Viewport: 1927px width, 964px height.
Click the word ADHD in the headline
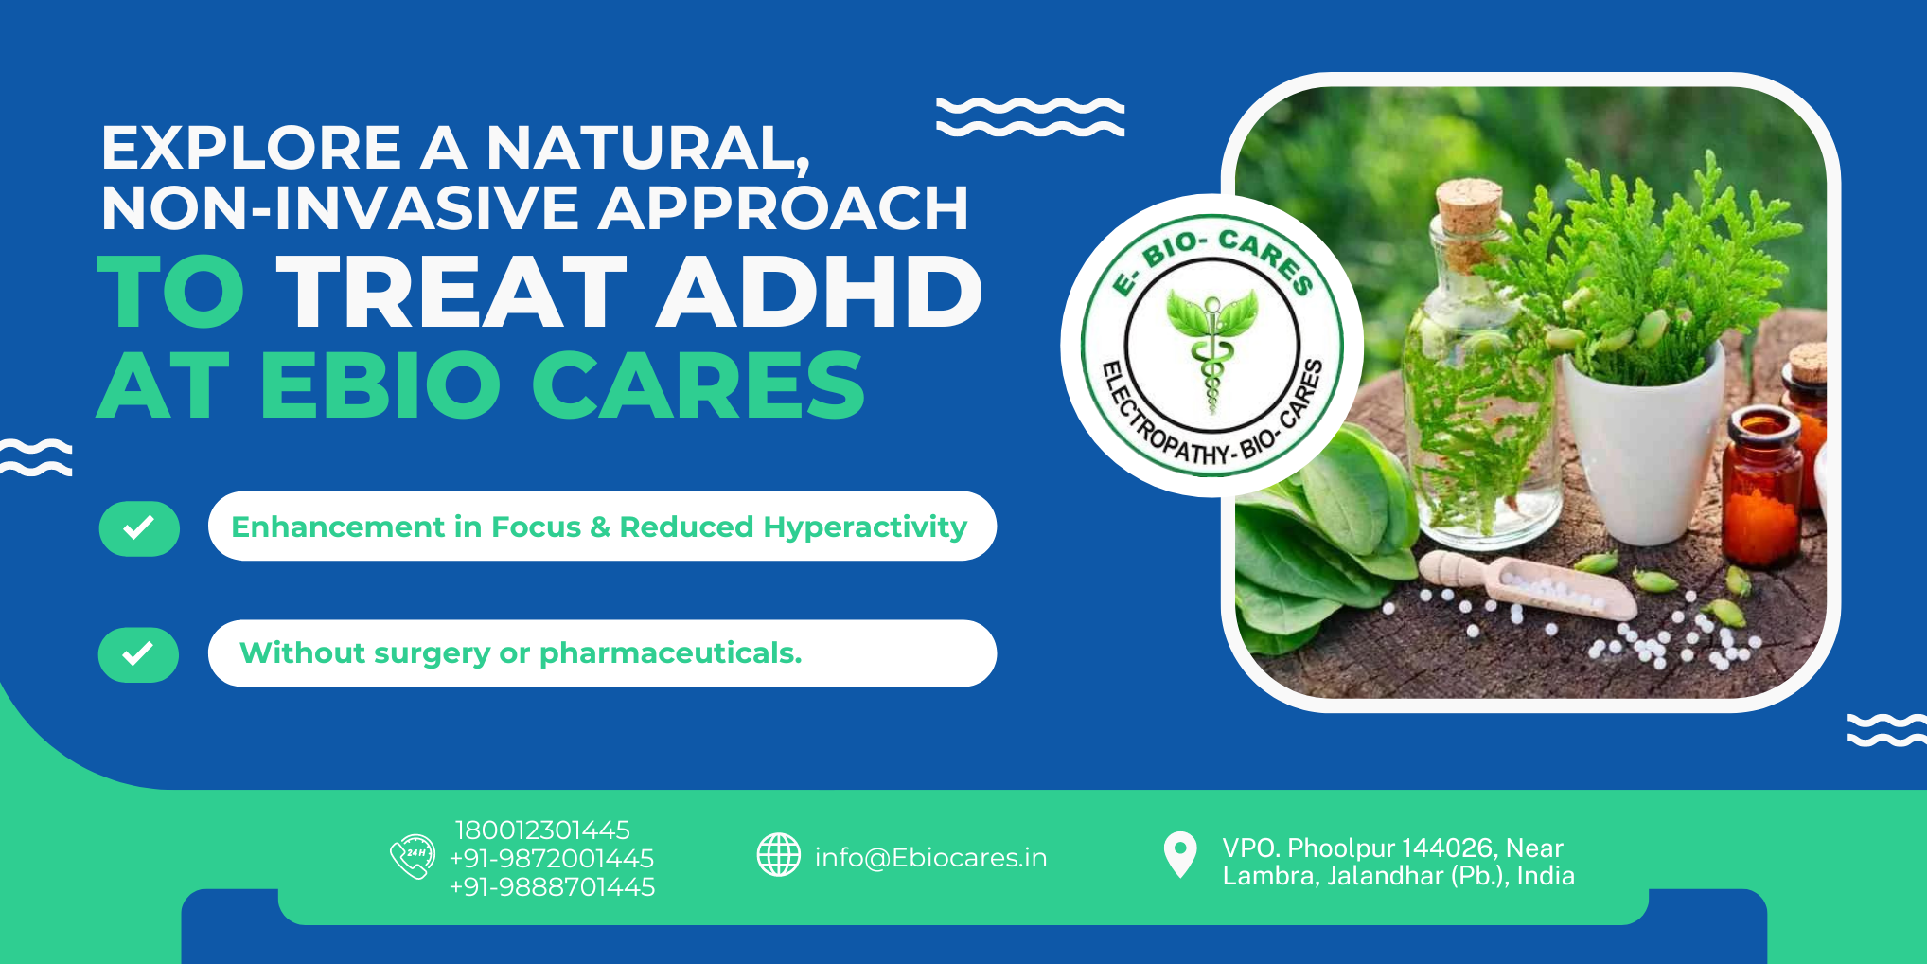[820, 292]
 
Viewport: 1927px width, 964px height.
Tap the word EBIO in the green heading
[380, 384]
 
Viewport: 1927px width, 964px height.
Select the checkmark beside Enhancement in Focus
[139, 527]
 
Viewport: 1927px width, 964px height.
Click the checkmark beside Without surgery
[138, 654]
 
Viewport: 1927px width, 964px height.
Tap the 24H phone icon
[413, 856]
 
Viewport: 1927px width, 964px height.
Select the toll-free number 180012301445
[542, 830]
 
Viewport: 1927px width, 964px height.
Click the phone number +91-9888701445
[552, 887]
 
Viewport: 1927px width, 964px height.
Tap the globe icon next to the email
[779, 855]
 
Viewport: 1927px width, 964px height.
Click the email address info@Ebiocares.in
[931, 858]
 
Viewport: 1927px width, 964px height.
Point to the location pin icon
[1180, 854]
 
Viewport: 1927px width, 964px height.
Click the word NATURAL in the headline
[647, 149]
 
